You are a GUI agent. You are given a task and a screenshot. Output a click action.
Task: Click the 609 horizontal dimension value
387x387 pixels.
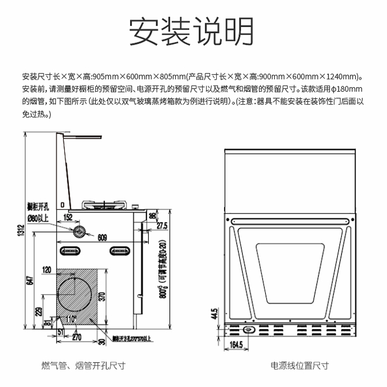tap(102, 238)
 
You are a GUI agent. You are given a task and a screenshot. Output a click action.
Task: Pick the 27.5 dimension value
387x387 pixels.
tap(162, 225)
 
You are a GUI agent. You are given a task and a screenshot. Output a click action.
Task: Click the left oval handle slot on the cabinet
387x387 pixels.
tap(71, 251)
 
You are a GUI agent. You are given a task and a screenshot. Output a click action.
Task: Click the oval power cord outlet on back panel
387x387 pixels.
tap(250, 330)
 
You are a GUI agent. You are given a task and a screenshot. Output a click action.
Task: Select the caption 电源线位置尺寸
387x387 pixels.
tap(299, 366)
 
